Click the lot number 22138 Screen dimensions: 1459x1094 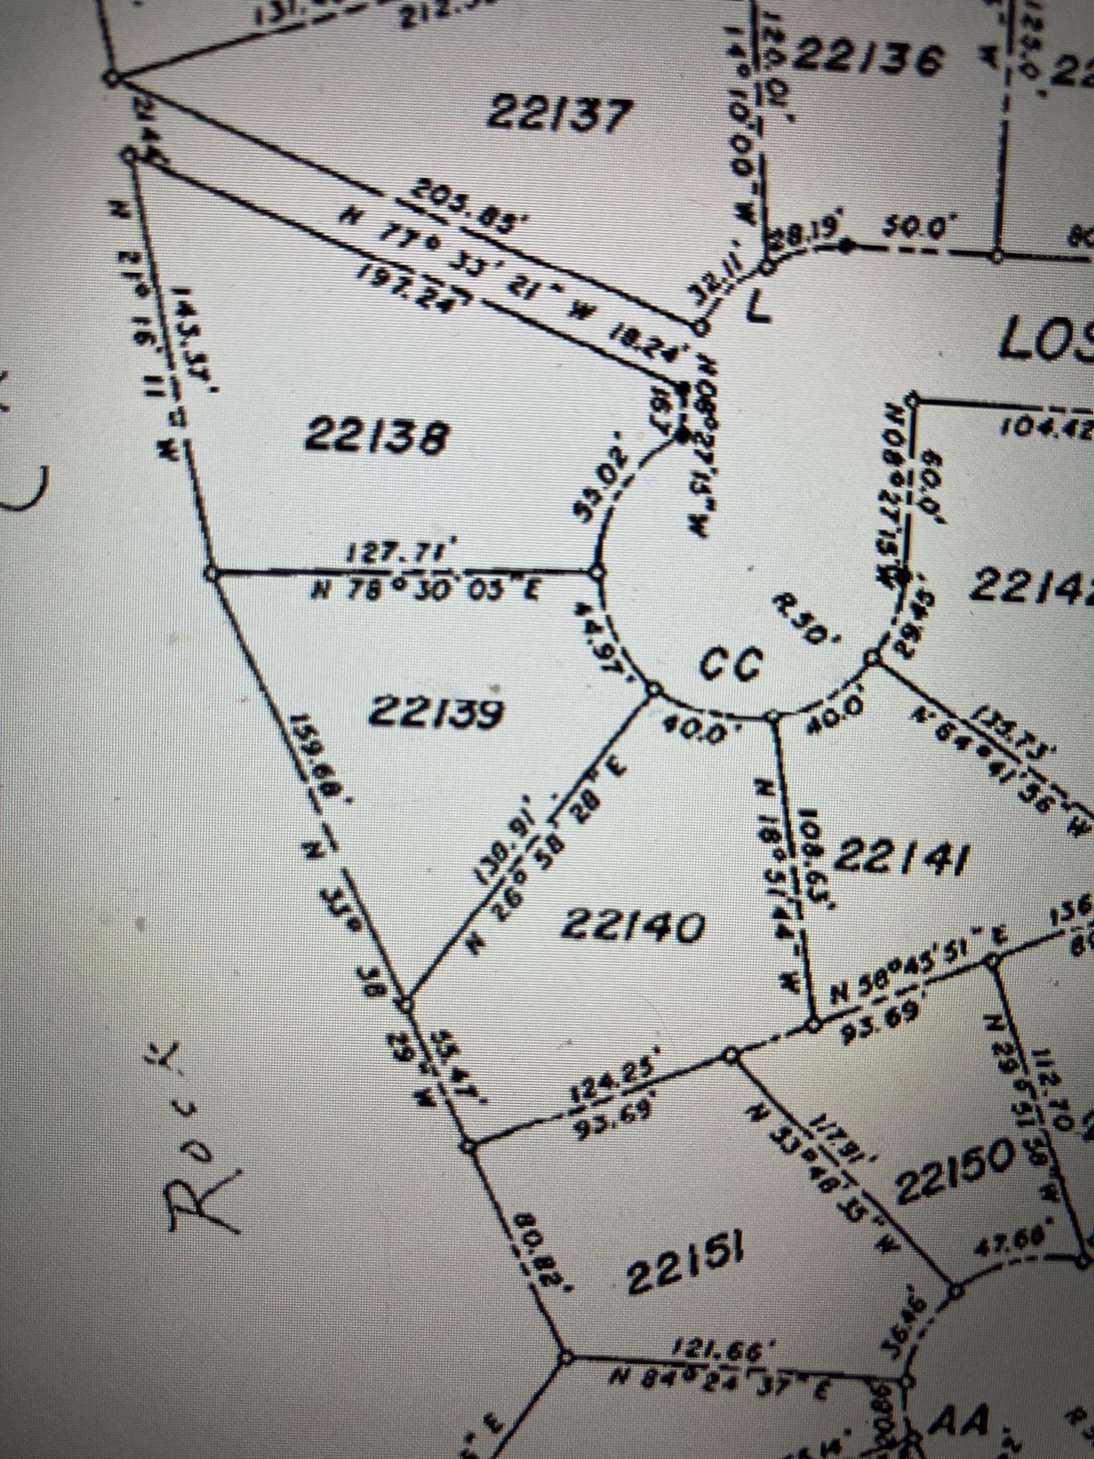[x=376, y=436]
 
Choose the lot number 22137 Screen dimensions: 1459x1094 [x=559, y=114]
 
